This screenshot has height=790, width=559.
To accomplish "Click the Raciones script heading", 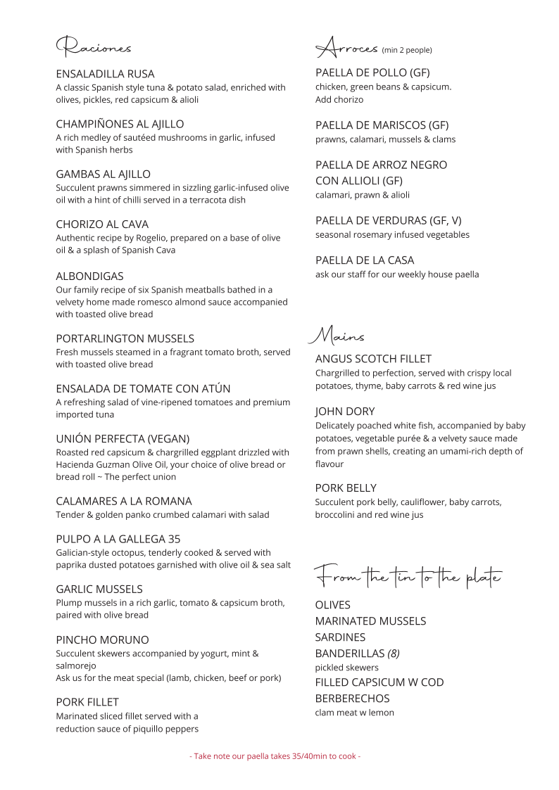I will coord(94,46).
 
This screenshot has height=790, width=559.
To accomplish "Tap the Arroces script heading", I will coord(347,48).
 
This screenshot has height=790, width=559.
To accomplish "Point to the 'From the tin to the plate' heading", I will coord(408,577).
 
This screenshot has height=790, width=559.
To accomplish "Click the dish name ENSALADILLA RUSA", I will coord(105,74).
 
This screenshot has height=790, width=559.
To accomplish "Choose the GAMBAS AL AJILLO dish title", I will coord(103,174).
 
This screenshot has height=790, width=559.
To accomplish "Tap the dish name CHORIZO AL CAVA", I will coord(102,224).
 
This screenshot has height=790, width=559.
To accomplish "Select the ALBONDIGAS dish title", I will coord(89,276).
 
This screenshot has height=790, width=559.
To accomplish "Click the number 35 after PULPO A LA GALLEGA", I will coord(174,540).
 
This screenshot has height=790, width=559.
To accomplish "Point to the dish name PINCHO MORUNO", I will coord(102,640).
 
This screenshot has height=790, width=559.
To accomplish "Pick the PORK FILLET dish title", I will coord(87,702).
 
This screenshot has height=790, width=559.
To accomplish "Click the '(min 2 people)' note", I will coord(407,50).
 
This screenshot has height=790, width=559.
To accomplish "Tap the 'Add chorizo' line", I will coord(339,100).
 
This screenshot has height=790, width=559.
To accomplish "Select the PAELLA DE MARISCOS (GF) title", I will coord(382,125).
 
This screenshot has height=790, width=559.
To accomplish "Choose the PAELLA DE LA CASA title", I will coord(365,260).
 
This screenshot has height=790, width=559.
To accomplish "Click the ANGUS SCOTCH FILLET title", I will coord(373,359).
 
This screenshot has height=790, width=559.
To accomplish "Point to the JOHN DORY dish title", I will coord(345,412).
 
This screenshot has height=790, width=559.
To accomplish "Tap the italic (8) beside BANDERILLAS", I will coord(393,654).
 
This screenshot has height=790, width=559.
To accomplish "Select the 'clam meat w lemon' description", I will coord(355,713).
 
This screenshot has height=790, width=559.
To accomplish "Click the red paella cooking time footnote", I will coord(275,756).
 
